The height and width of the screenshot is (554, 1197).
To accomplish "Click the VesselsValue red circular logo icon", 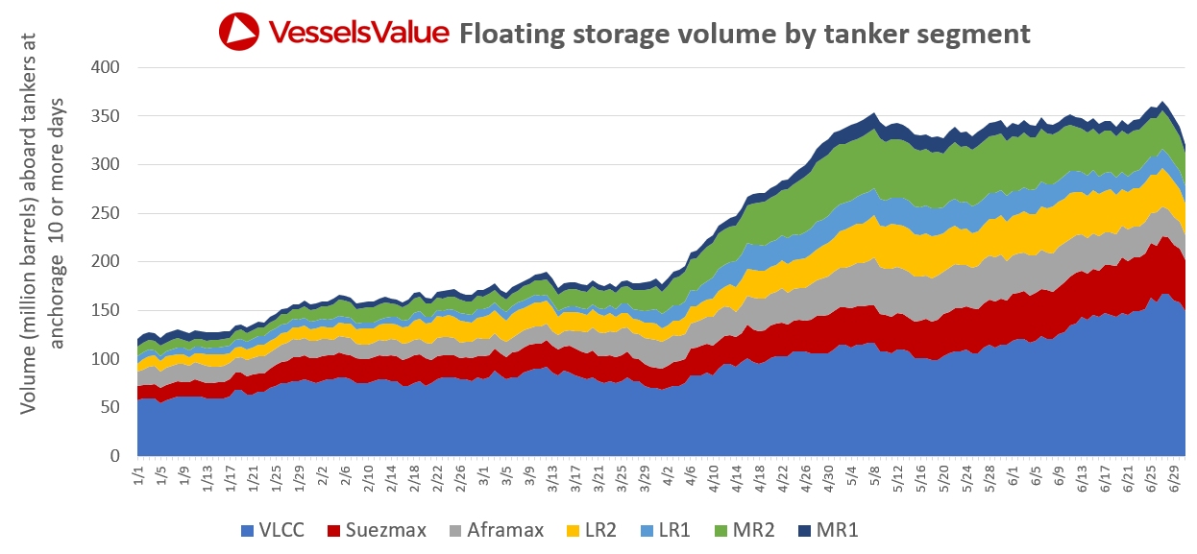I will click(x=238, y=32).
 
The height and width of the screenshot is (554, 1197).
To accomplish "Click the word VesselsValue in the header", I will click(x=358, y=32).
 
